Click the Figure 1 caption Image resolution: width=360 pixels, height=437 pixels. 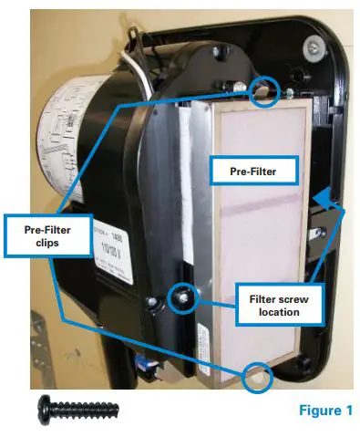(x=324, y=410)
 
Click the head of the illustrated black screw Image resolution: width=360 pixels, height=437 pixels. (x=44, y=409)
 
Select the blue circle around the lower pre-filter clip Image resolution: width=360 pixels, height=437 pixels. (x=257, y=375)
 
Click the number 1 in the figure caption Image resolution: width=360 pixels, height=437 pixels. (x=347, y=410)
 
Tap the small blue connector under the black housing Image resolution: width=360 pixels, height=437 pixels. (x=142, y=363)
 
